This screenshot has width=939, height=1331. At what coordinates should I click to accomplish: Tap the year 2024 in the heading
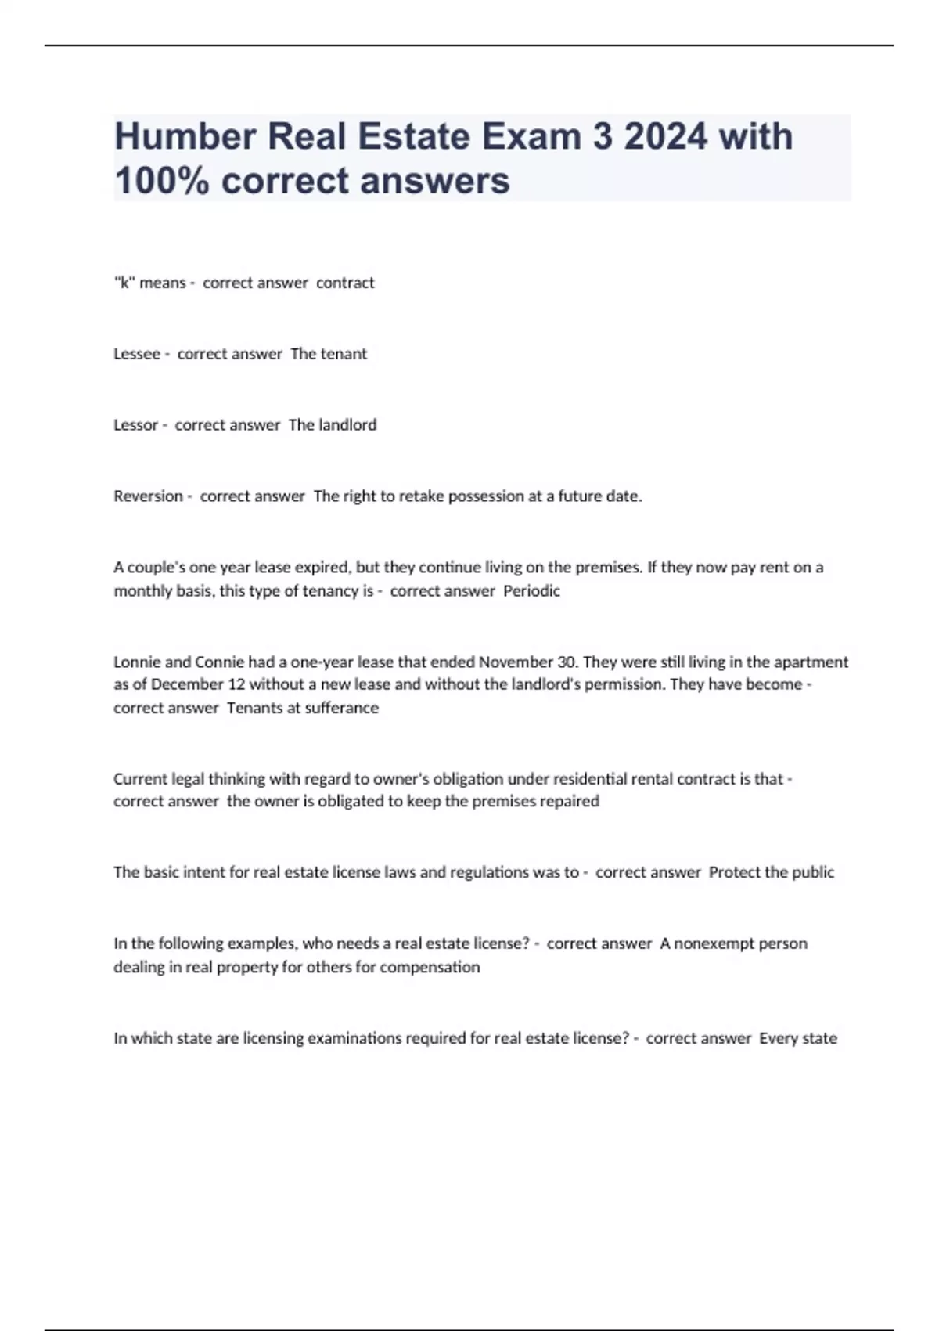pyautogui.click(x=666, y=136)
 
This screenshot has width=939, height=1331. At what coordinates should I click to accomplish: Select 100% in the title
pyautogui.click(x=161, y=181)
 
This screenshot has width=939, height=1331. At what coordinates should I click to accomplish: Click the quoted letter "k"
pyautogui.click(x=124, y=283)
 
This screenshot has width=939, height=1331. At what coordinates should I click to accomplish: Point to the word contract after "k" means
pyautogui.click(x=345, y=283)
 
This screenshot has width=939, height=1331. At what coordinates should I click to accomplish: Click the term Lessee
pyautogui.click(x=136, y=354)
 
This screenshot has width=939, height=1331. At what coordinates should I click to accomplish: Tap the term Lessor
pyautogui.click(x=135, y=425)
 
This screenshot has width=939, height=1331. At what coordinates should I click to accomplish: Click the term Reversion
pyautogui.click(x=148, y=496)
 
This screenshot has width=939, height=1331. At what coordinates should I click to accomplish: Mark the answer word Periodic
pyautogui.click(x=531, y=591)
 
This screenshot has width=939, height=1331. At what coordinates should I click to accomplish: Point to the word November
pyautogui.click(x=516, y=662)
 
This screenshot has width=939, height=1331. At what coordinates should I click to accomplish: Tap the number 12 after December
pyautogui.click(x=236, y=684)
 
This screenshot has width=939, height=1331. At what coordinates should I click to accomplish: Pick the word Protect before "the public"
pyautogui.click(x=733, y=872)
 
